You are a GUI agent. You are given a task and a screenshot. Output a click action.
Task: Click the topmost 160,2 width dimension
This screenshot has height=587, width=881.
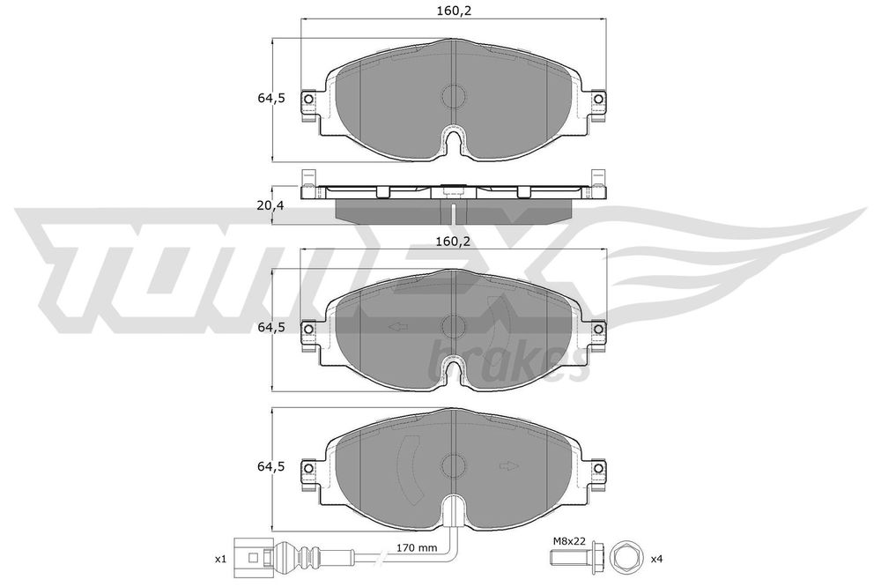pyautogui.click(x=454, y=10)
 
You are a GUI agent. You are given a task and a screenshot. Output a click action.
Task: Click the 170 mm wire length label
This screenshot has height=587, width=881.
pyautogui.click(x=418, y=547)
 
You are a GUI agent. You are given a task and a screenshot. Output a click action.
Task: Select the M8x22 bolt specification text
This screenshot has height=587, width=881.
pyautogui.click(x=568, y=541)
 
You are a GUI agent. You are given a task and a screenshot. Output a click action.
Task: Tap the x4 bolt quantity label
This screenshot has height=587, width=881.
pyautogui.click(x=657, y=559)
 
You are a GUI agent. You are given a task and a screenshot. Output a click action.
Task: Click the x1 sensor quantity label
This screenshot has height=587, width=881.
pyautogui.click(x=220, y=559)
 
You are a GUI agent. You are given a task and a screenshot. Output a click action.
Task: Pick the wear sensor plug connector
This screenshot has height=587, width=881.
pyautogui.click(x=252, y=559)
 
